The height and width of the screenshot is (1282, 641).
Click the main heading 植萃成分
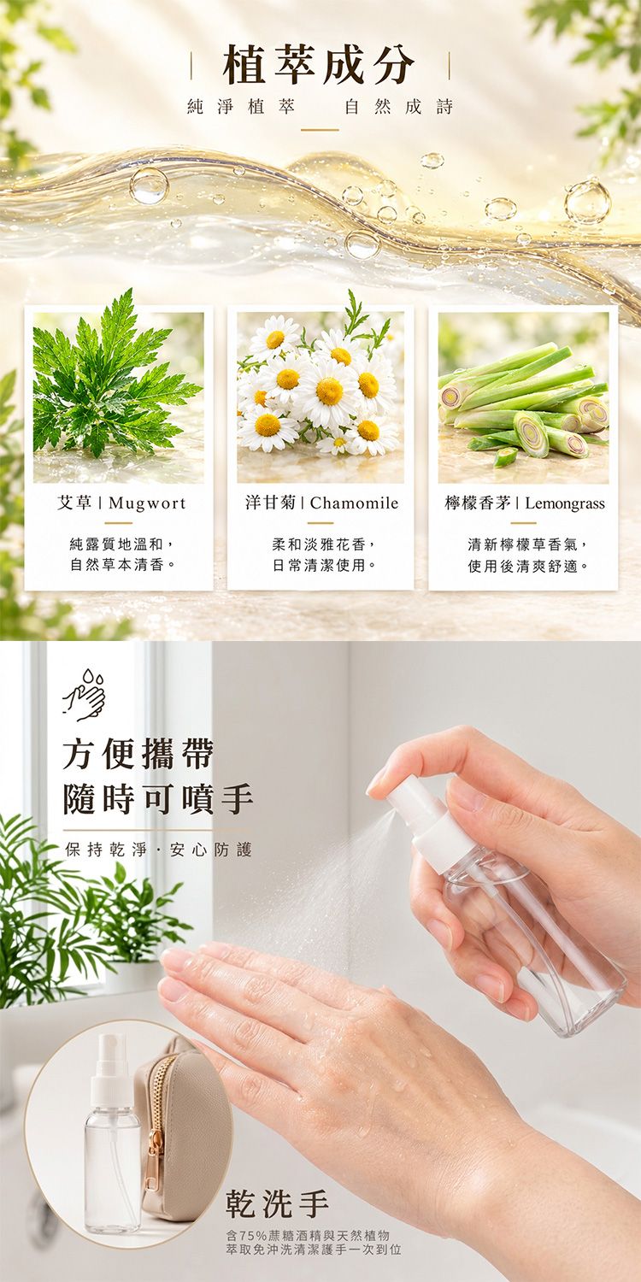pyautogui.click(x=320, y=64)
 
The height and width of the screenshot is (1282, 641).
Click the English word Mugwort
pyautogui.click(x=147, y=503)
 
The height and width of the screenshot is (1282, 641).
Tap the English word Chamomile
pyautogui.click(x=355, y=503)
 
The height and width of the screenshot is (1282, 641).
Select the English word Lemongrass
pyautogui.click(x=565, y=503)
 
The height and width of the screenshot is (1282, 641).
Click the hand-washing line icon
pyautogui.click(x=85, y=696)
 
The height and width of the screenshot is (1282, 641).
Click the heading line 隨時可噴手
pyautogui.click(x=158, y=799)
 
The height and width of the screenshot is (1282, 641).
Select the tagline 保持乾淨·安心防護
pyautogui.click(x=158, y=850)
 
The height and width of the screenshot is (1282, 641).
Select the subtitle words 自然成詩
pyautogui.click(x=399, y=107)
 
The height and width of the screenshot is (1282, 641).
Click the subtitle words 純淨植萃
pyautogui.click(x=241, y=107)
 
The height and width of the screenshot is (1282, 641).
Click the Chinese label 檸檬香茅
pyautogui.click(x=478, y=503)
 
